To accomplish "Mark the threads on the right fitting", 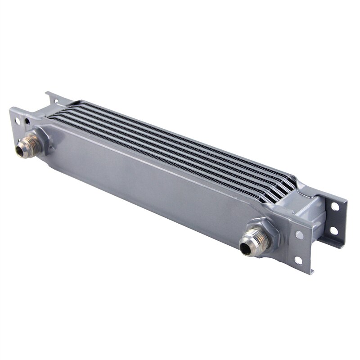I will (256, 242).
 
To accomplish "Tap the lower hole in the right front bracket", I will (298, 260).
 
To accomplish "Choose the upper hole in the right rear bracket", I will (335, 207).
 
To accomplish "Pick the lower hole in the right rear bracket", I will (334, 230).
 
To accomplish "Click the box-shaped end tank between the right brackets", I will (310, 211).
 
